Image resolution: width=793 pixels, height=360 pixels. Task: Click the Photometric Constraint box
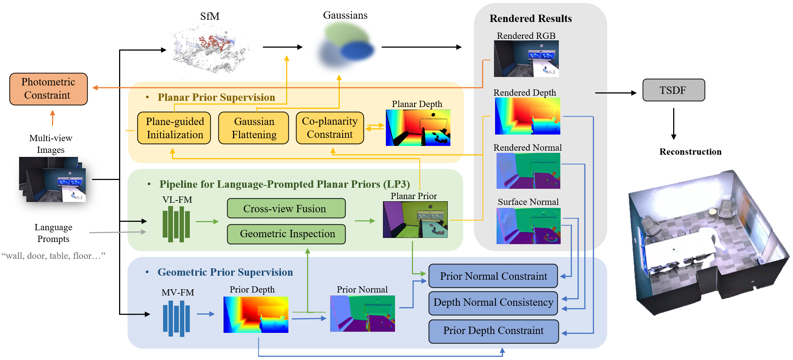click(48, 89)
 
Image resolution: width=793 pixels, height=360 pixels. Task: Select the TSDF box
click(674, 90)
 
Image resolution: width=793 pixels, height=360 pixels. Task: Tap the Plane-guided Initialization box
click(174, 128)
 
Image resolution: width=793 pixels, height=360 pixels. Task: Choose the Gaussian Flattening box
click(254, 128)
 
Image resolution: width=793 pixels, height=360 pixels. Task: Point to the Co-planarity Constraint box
click(330, 128)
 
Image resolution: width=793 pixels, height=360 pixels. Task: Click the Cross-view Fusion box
click(286, 208)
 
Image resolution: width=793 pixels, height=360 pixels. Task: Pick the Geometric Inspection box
click(286, 234)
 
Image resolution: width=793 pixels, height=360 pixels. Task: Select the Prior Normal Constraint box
click(493, 276)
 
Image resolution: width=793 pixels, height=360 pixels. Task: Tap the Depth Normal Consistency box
click(493, 303)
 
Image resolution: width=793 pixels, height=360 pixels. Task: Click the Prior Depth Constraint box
click(493, 331)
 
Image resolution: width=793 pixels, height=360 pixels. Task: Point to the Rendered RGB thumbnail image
click(526, 59)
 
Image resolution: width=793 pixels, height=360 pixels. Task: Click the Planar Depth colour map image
click(418, 128)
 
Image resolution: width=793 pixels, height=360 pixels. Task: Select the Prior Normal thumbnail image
click(362, 314)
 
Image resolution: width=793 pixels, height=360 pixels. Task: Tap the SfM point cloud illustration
click(210, 49)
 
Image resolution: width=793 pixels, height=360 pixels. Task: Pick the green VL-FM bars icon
click(176, 224)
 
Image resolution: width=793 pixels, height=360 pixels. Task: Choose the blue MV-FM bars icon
click(176, 318)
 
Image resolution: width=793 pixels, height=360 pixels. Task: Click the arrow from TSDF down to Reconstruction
click(674, 124)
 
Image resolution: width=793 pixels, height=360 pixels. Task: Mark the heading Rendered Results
click(530, 18)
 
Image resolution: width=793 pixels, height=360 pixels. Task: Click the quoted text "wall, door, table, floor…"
click(54, 256)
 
